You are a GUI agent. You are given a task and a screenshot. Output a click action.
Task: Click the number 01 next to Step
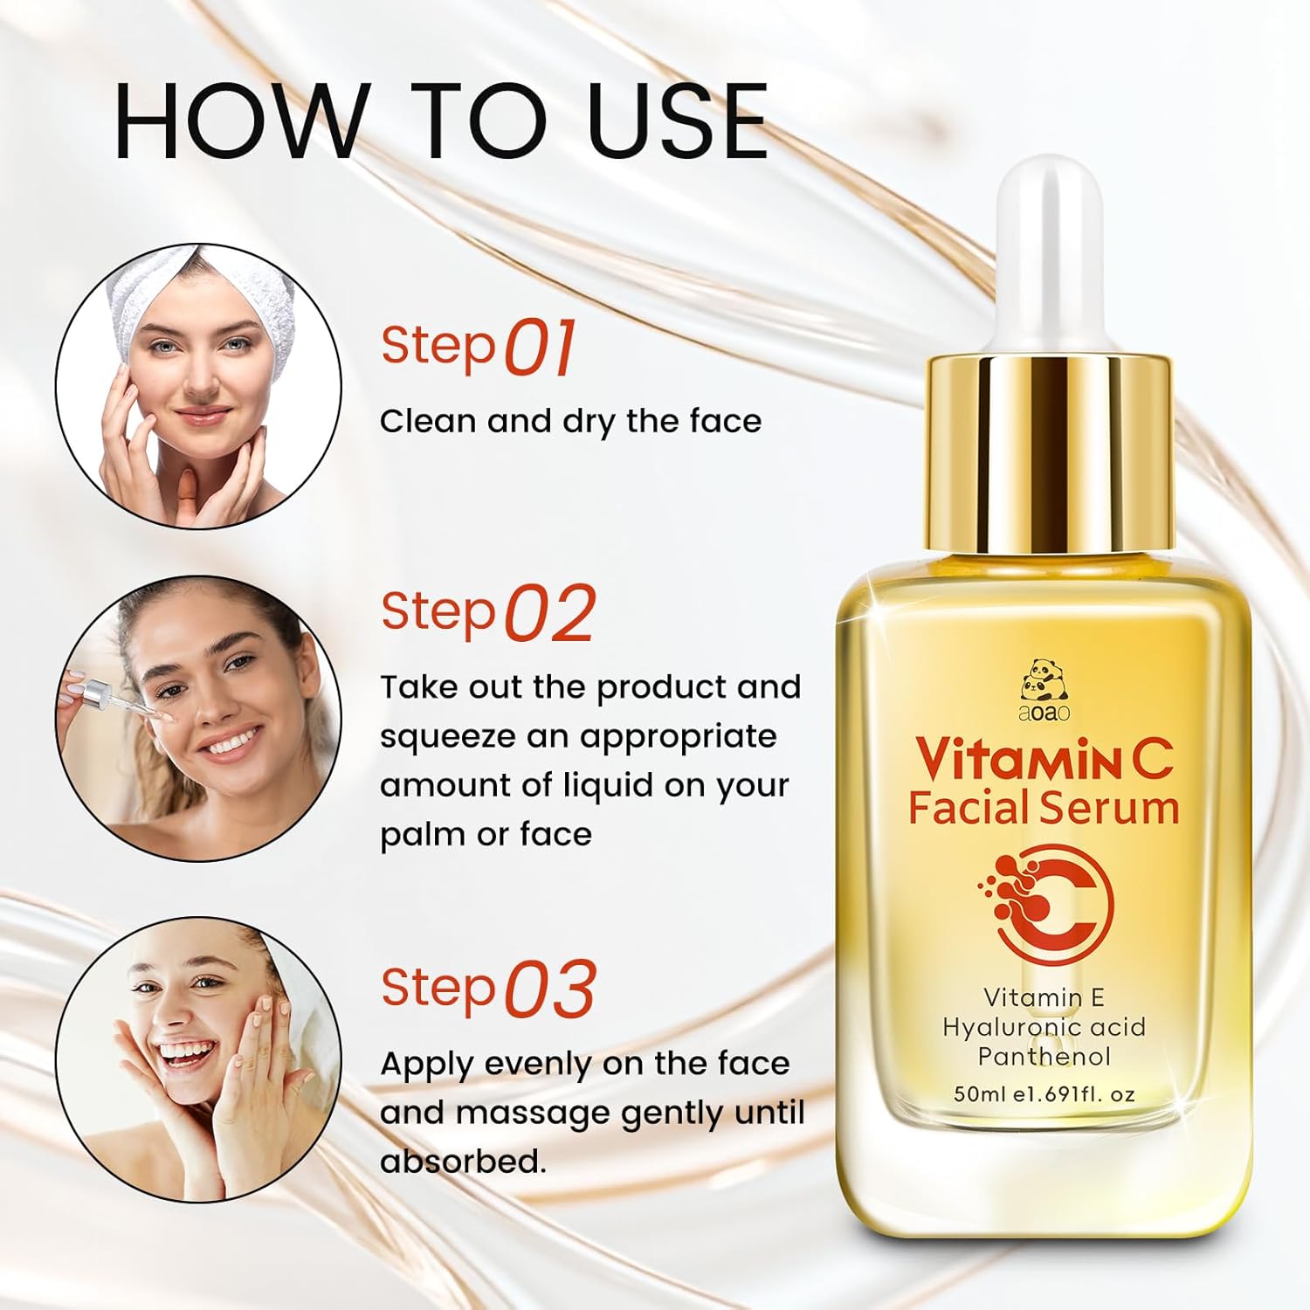541,347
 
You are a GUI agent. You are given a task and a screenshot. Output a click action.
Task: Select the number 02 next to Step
550,613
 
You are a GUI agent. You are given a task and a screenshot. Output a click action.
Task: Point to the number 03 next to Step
550,989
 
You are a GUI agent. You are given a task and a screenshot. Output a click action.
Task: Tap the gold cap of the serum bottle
1049,453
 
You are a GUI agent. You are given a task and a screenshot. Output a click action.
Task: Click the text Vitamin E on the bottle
1044,997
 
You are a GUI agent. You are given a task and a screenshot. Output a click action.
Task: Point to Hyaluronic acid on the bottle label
1044,1027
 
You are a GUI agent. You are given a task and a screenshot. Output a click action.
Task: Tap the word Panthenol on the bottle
1044,1057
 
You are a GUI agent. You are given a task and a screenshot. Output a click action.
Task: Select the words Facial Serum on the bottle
1044,807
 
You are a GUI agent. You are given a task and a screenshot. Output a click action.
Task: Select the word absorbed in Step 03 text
462,1162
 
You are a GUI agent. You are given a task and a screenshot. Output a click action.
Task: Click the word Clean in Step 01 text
428,421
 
